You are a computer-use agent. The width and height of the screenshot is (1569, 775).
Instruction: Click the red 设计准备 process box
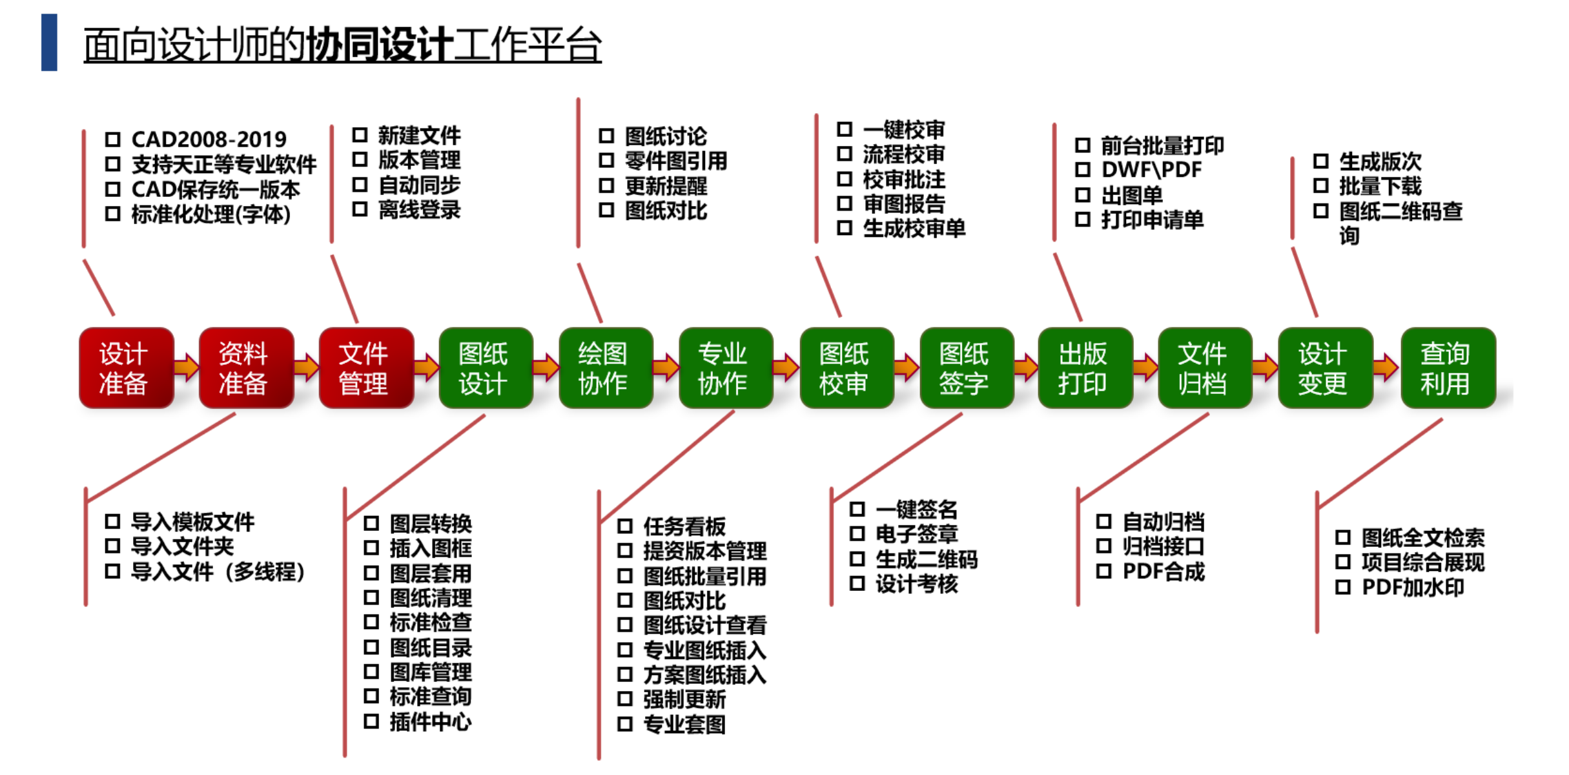point(126,368)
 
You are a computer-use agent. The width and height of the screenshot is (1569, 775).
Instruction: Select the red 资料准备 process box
point(246,368)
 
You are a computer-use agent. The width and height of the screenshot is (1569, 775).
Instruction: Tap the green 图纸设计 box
point(486,368)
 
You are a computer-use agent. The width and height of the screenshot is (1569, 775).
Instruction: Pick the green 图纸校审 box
point(846,368)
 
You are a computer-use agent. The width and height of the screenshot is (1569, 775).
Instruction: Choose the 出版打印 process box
point(1085,368)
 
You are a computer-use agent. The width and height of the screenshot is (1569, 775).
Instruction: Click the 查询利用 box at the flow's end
point(1448,368)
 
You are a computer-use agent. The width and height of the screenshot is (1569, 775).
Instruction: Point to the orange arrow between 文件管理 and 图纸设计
point(426,367)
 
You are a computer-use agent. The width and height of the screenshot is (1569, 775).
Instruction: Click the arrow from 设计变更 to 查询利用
point(1386,367)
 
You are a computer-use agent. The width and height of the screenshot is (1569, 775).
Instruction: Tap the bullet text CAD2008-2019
point(209,139)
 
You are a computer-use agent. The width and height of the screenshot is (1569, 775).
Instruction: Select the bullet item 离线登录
point(419,210)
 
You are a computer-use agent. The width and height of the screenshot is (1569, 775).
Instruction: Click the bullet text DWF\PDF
point(1151,170)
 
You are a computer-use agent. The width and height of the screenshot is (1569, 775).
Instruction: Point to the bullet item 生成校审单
point(914,229)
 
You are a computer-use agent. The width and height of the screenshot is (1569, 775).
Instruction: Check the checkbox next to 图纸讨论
point(606,136)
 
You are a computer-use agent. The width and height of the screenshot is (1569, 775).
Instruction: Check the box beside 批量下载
point(1321,186)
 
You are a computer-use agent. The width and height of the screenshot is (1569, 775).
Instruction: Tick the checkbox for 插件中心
point(371,721)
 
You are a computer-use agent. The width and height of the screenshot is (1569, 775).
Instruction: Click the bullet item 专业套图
point(684,725)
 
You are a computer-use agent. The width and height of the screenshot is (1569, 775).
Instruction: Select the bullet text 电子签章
point(916,534)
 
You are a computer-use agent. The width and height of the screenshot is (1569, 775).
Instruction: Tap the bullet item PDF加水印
point(1413,588)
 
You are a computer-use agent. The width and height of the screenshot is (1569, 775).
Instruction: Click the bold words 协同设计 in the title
point(379,45)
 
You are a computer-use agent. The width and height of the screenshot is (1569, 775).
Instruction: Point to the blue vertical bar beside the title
point(49,43)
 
